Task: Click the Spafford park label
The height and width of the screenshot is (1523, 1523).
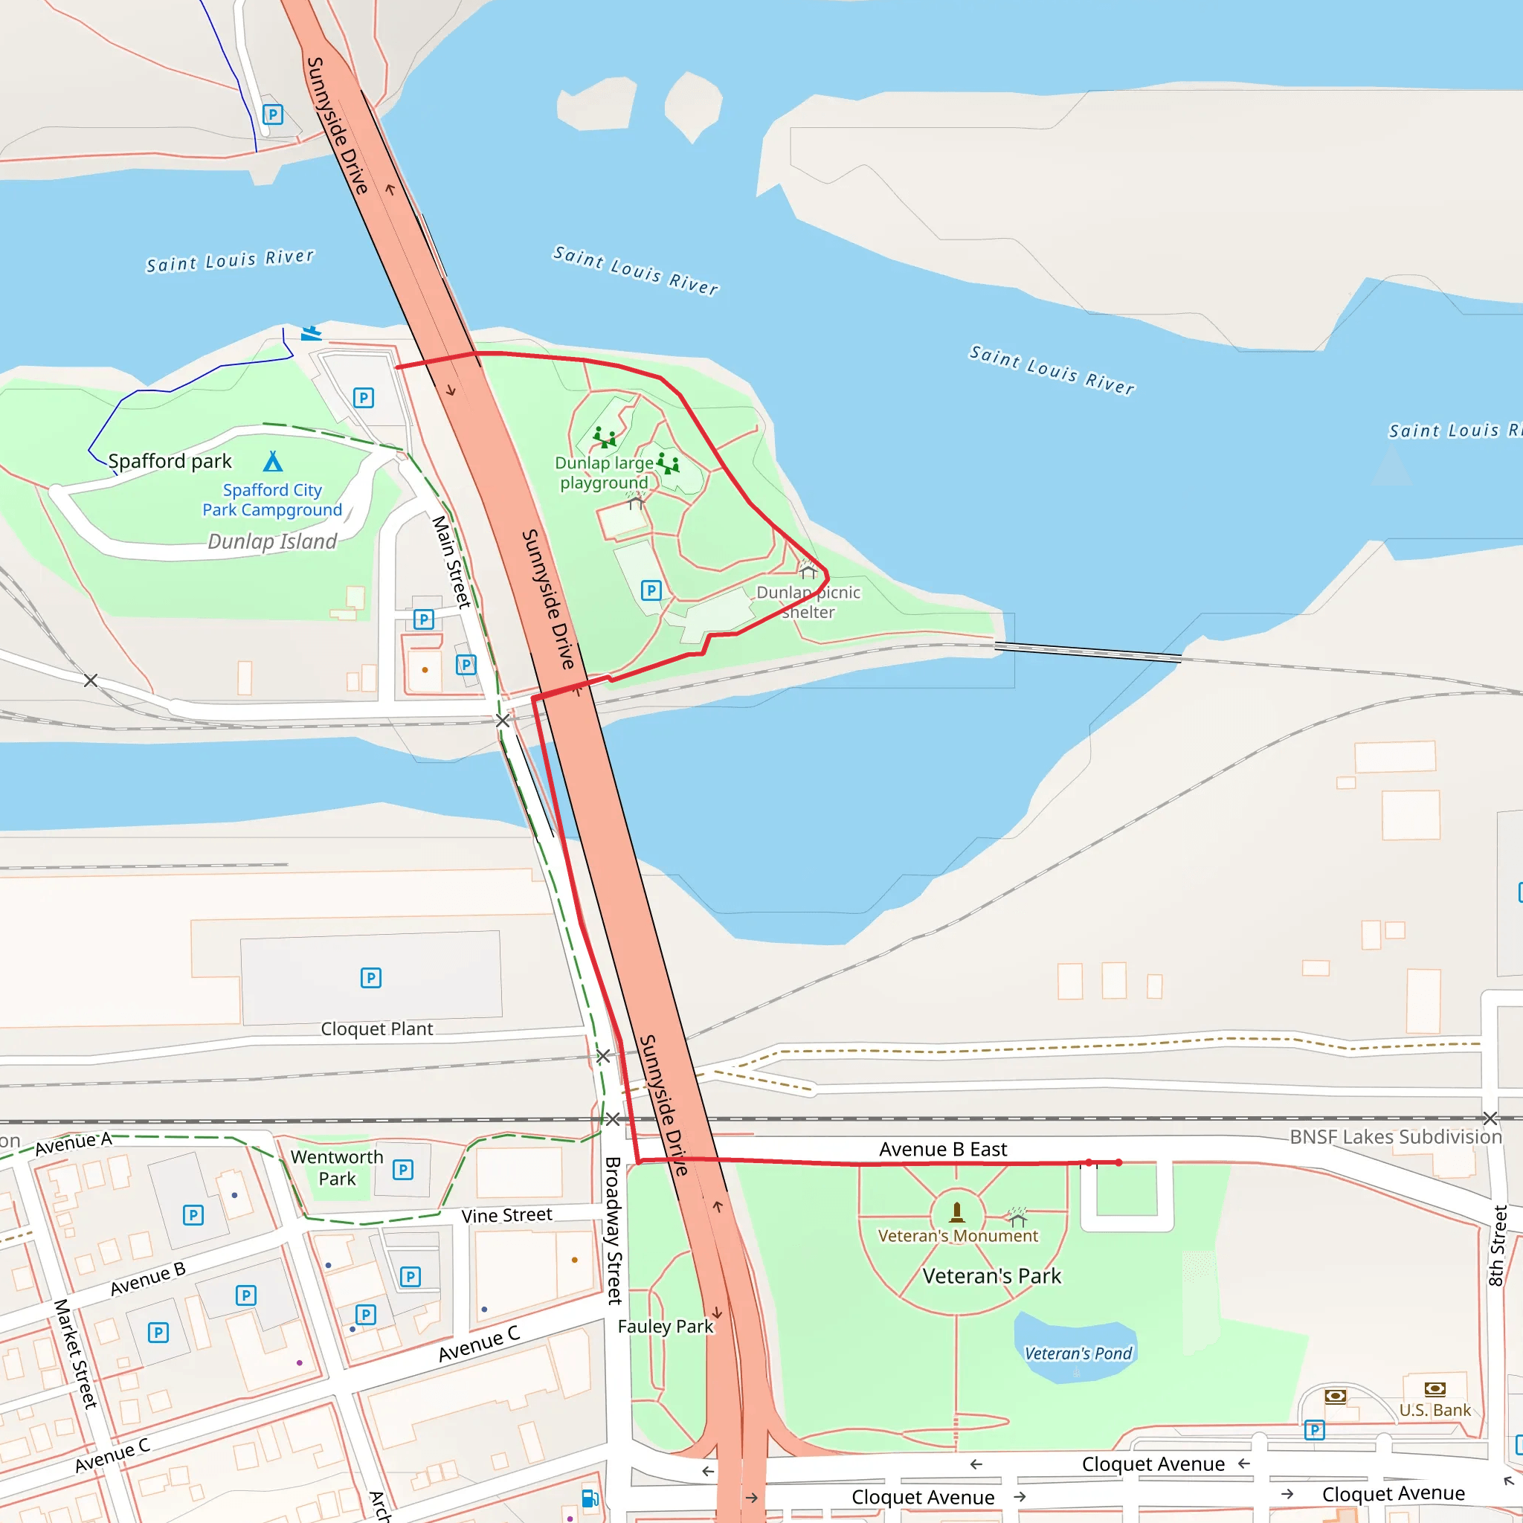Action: pyautogui.click(x=170, y=461)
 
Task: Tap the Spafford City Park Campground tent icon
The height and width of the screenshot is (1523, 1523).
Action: pyautogui.click(x=273, y=461)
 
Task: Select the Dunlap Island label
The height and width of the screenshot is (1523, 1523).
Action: pyautogui.click(x=272, y=541)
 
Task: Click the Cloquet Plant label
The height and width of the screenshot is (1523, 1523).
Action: pyautogui.click(x=376, y=1028)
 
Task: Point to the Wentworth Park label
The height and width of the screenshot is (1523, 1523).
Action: pyautogui.click(x=337, y=1168)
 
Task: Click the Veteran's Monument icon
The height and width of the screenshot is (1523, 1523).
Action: pyautogui.click(x=957, y=1211)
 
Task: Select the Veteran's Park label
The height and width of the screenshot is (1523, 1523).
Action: pyautogui.click(x=992, y=1276)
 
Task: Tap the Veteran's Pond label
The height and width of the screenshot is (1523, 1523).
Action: pyautogui.click(x=1078, y=1353)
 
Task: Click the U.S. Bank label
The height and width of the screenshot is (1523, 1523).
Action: pyautogui.click(x=1435, y=1410)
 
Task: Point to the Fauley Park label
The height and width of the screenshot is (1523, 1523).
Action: pyautogui.click(x=666, y=1327)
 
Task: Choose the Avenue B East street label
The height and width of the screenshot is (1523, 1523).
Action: pyautogui.click(x=943, y=1150)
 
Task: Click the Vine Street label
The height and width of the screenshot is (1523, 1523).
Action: pyautogui.click(x=506, y=1216)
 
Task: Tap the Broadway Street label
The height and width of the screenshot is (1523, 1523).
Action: pyautogui.click(x=614, y=1231)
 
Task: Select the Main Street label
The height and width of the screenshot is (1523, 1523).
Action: pyautogui.click(x=451, y=561)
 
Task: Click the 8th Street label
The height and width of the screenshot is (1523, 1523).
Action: pyautogui.click(x=1497, y=1246)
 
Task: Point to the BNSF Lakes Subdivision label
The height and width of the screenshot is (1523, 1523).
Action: pyautogui.click(x=1395, y=1137)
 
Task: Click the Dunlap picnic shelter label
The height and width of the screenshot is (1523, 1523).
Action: pyautogui.click(x=808, y=602)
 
